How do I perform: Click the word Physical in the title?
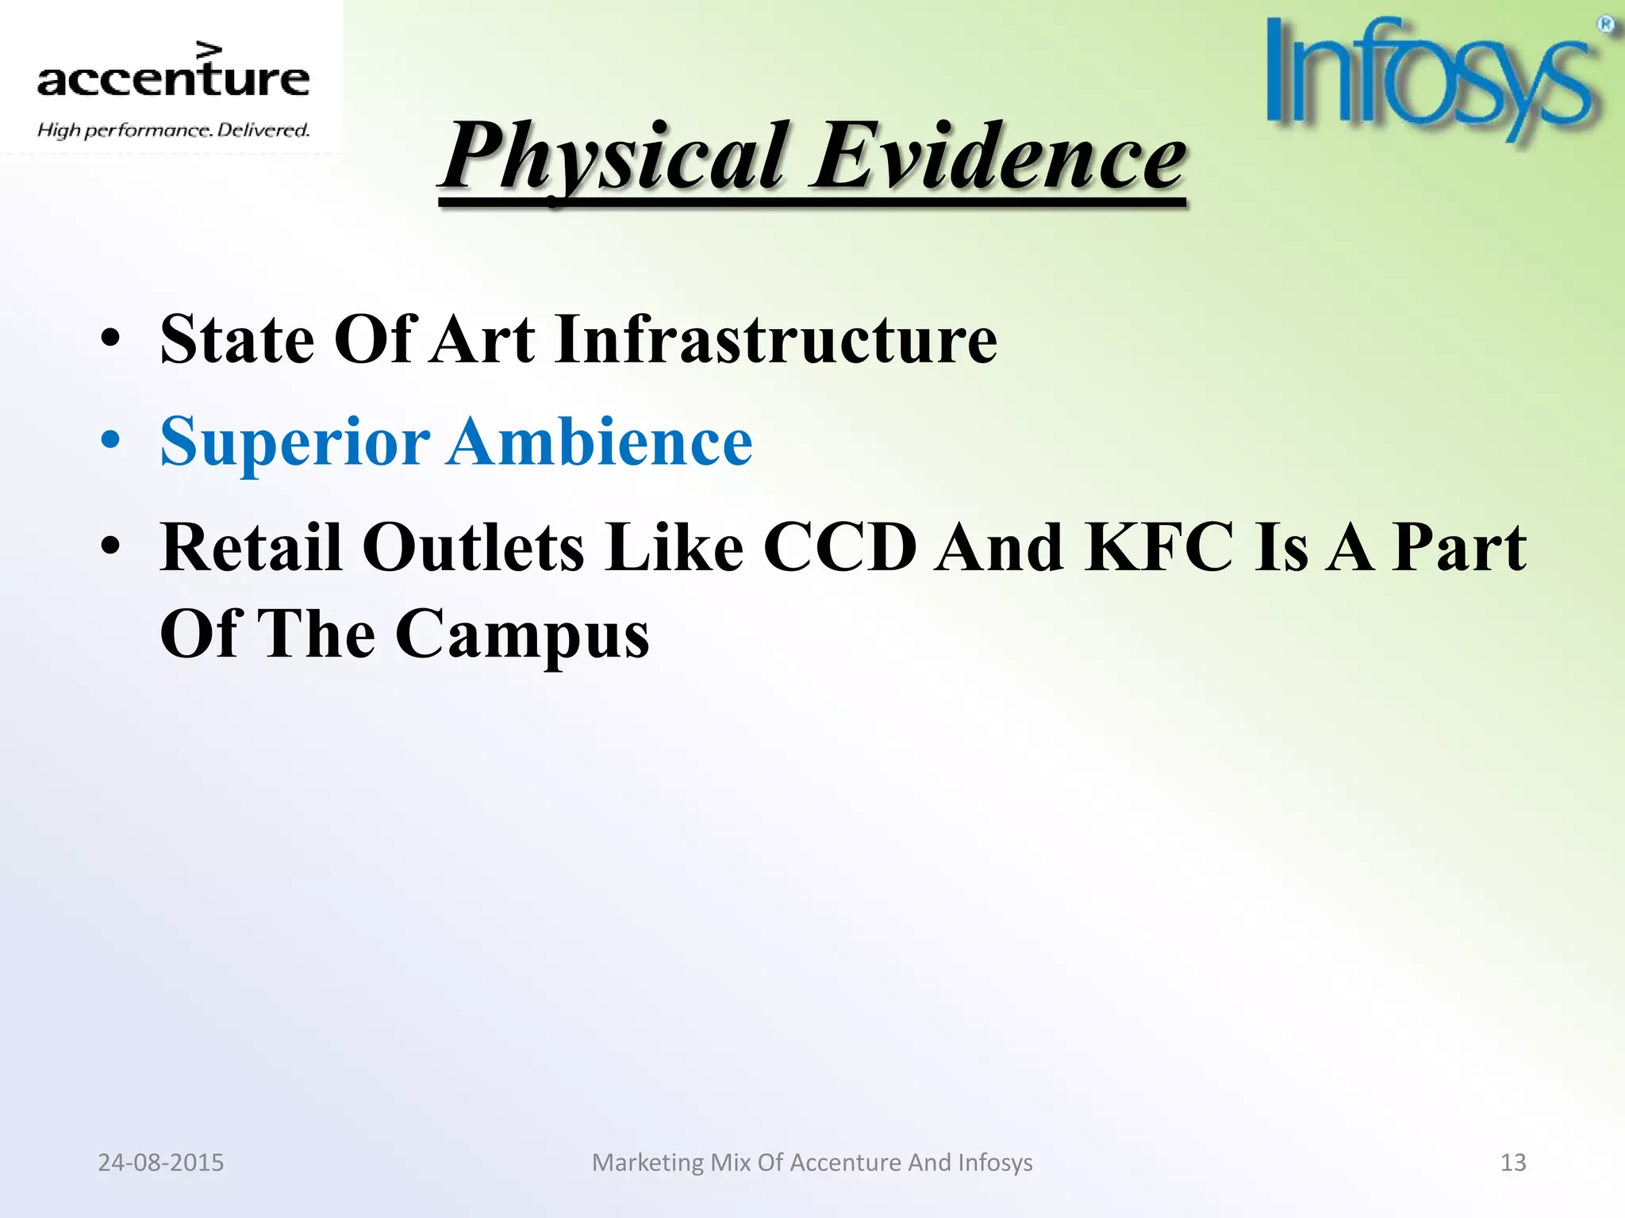(616, 156)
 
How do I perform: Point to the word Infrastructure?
(775, 339)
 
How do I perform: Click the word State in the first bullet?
(237, 339)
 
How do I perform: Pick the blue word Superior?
(294, 442)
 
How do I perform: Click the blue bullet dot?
(110, 441)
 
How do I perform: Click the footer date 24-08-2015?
(160, 1162)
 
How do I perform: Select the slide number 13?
(1512, 1162)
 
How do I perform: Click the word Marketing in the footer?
(647, 1162)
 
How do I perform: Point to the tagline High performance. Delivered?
(173, 130)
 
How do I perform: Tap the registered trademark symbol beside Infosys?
(1605, 25)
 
